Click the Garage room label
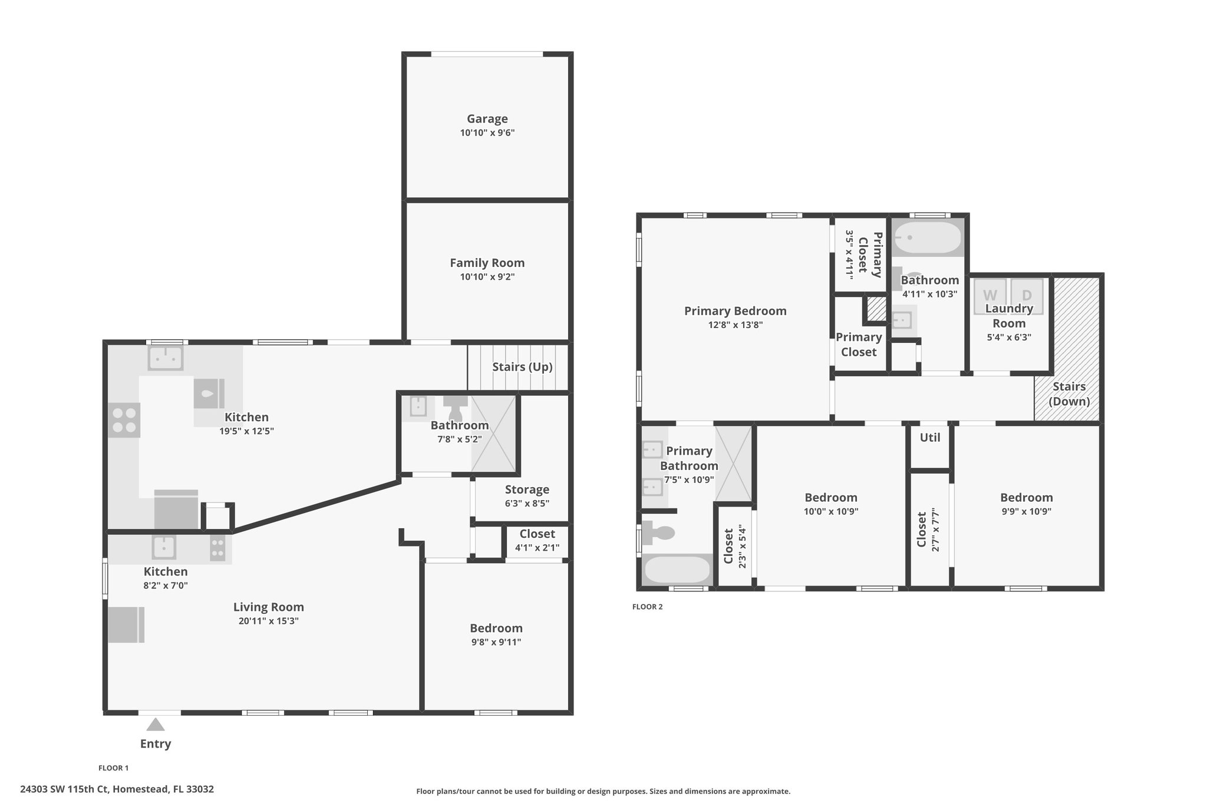(487, 119)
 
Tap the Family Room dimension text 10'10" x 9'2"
(487, 277)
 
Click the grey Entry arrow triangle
(156, 724)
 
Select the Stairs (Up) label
(522, 367)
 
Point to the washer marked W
(990, 295)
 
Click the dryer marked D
(1027, 295)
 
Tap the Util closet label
(930, 438)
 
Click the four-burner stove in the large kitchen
(124, 420)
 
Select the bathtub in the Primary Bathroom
(677, 570)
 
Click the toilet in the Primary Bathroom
(658, 534)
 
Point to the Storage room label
(527, 489)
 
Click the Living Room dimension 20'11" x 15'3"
(268, 621)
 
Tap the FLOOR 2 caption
(647, 607)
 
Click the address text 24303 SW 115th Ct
(64, 789)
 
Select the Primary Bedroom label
(735, 311)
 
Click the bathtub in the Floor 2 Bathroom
(928, 238)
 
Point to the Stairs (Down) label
(1069, 394)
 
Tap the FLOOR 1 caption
(113, 768)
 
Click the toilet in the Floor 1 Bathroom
(456, 407)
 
